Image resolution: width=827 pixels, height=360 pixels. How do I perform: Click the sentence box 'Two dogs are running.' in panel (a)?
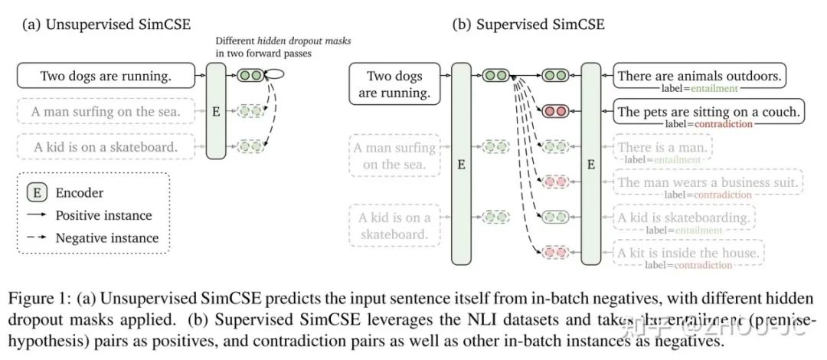[x=106, y=76]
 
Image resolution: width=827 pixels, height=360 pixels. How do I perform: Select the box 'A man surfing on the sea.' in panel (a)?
[x=106, y=112]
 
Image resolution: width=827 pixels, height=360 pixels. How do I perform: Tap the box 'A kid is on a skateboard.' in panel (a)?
[x=106, y=146]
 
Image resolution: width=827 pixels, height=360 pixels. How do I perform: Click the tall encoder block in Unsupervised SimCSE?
[x=216, y=112]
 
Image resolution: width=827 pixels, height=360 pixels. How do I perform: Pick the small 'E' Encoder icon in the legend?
[x=37, y=193]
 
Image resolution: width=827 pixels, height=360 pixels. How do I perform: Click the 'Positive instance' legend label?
[x=103, y=215]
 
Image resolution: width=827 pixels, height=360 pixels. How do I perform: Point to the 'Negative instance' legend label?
[x=106, y=237]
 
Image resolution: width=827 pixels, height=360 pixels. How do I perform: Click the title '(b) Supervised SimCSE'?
[x=528, y=24]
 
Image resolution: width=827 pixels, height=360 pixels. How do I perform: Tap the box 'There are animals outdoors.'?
[x=699, y=76]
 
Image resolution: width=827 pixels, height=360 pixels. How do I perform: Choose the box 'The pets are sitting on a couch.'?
[x=708, y=112]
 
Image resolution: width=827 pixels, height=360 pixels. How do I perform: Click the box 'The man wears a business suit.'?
[x=708, y=182]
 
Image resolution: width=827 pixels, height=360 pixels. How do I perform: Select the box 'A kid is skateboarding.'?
[x=683, y=218]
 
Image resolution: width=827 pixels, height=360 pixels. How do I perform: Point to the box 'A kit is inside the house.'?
[x=688, y=252]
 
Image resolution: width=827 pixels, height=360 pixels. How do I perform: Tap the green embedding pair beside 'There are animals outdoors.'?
[x=555, y=76]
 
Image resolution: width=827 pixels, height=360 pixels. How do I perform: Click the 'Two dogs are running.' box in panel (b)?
[x=395, y=84]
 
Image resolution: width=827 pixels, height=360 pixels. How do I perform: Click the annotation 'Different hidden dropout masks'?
[x=283, y=40]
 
